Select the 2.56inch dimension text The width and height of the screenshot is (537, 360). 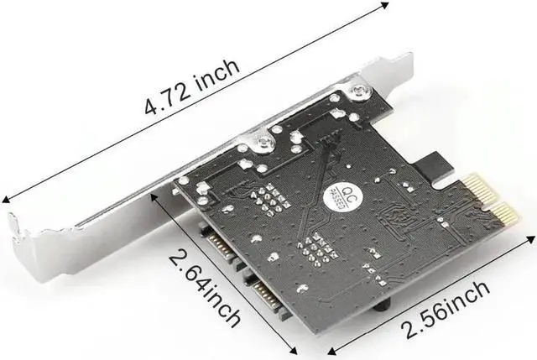tap(446, 310)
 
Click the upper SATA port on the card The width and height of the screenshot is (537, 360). tap(219, 246)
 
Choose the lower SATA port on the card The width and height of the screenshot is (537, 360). tap(268, 293)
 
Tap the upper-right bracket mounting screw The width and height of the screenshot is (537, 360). tap(359, 91)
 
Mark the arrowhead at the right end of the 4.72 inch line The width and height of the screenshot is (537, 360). tap(385, 5)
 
